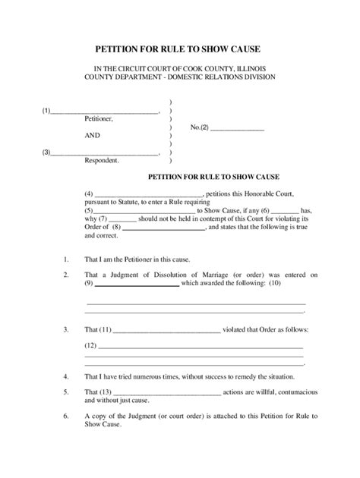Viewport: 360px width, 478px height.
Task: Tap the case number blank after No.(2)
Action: pyautogui.click(x=237, y=127)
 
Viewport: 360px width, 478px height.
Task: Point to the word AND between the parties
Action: pyautogui.click(x=93, y=136)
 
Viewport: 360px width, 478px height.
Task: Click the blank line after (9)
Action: pyautogui.click(x=137, y=284)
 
